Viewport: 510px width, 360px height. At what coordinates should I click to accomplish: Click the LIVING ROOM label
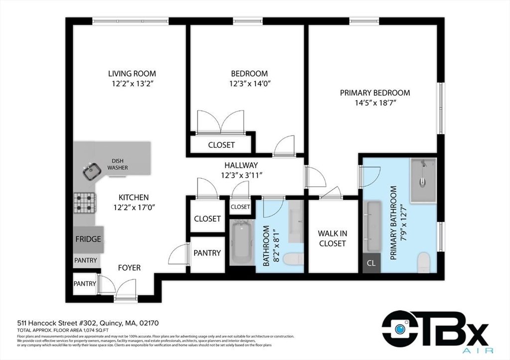coord(132,74)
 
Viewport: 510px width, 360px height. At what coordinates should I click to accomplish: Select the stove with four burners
coord(85,203)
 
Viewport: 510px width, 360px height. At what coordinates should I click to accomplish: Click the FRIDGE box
coord(88,239)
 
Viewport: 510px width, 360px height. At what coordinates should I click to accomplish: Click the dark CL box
coord(371,263)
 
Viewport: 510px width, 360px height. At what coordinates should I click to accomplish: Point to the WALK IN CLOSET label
coord(332,238)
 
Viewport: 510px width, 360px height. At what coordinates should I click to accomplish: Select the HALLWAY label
coord(241,165)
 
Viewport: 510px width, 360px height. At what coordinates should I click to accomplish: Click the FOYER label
coord(129,267)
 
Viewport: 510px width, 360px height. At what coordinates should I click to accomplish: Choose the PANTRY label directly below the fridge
coord(86,260)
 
